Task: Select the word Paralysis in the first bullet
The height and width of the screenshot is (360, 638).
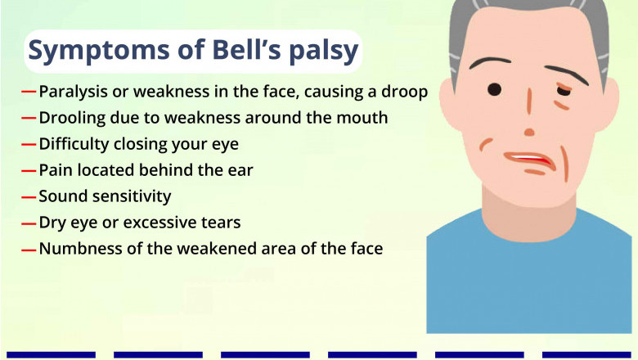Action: (x=71, y=92)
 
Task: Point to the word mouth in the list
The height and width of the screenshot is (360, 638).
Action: (x=364, y=118)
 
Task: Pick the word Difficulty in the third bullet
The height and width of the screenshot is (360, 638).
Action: (x=72, y=144)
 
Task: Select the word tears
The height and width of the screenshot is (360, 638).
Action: (x=220, y=222)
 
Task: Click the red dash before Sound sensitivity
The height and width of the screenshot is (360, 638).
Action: (x=29, y=197)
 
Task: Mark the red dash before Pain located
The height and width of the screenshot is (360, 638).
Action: (x=29, y=171)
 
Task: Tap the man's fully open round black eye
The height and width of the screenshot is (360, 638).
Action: (x=495, y=88)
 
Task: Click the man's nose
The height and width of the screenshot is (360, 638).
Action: (x=530, y=131)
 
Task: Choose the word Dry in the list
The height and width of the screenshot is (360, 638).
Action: (x=52, y=222)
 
